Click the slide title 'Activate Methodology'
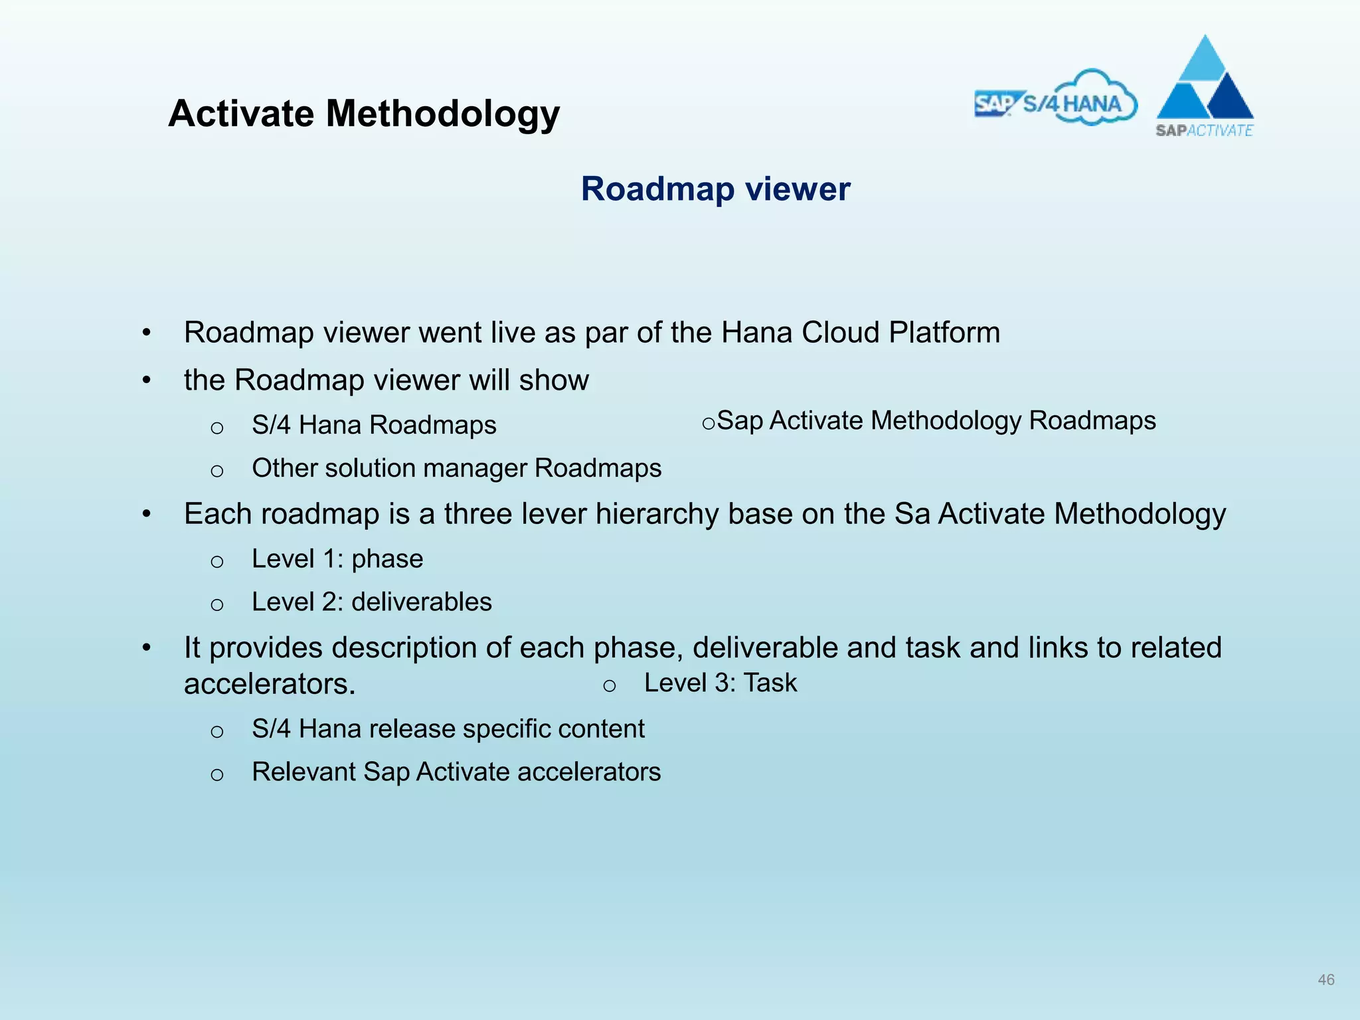364,114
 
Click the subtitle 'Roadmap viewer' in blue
715,189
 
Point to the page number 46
1325,979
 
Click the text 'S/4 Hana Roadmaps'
374,425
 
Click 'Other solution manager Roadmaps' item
456,468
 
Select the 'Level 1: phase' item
337,559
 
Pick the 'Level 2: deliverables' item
372,602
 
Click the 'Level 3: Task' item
720,683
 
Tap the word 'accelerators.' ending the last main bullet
270,684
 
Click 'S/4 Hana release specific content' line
448,729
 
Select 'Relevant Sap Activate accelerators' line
456,772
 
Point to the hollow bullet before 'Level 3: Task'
609,686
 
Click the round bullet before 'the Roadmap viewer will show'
147,381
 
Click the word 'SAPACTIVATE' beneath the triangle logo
1204,131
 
